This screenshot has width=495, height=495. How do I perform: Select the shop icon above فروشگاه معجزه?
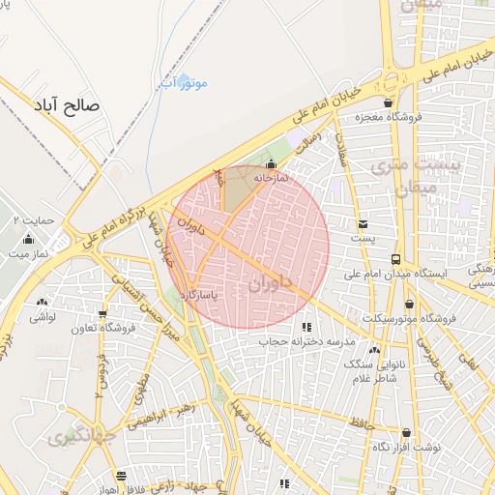[x=389, y=102]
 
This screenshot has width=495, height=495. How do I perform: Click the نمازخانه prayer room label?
[x=272, y=178]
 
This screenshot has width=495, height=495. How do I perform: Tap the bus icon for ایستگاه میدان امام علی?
[x=395, y=259]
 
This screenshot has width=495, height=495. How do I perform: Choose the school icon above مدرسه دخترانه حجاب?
[x=306, y=327]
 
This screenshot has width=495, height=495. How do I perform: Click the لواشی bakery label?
[x=43, y=317]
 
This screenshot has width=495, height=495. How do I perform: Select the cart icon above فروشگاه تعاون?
[x=102, y=314]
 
